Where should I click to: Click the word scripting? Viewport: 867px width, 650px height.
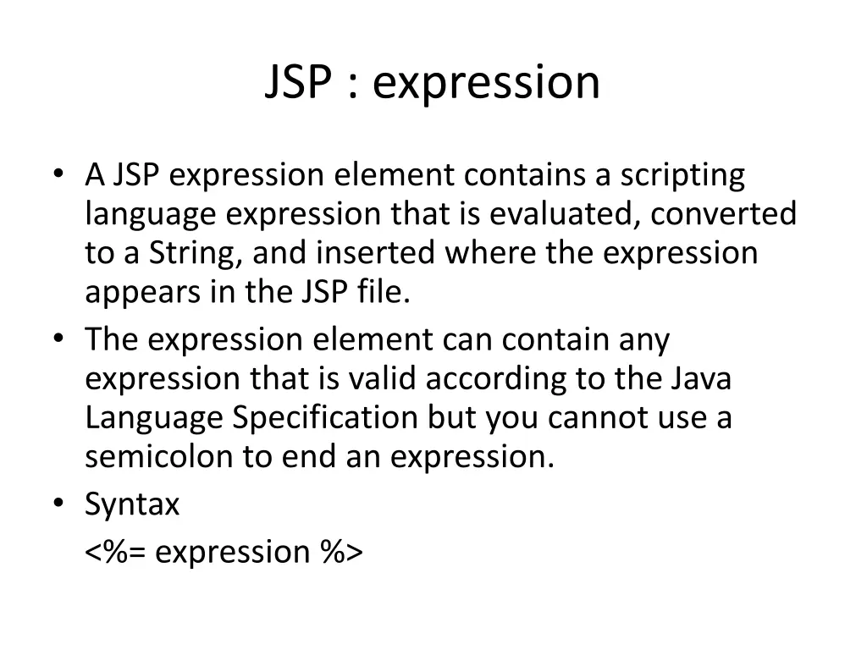(x=682, y=176)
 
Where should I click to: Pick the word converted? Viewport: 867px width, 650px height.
(x=724, y=214)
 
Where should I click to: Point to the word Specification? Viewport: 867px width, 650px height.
(x=325, y=418)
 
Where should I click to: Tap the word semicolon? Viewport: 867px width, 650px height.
(x=158, y=457)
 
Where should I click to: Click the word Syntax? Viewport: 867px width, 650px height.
(x=132, y=505)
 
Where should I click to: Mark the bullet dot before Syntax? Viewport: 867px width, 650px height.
(x=58, y=503)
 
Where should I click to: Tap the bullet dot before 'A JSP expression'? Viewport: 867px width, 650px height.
(x=58, y=174)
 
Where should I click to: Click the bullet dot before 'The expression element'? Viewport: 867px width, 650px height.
(x=58, y=339)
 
